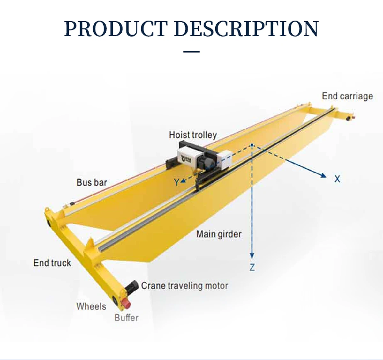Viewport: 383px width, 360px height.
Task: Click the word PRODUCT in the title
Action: tap(116, 29)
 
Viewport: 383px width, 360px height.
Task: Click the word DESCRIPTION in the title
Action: tap(247, 29)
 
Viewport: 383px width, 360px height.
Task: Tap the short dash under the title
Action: tap(191, 51)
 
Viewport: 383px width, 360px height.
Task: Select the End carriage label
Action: tap(347, 96)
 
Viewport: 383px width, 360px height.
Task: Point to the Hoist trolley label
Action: tap(193, 135)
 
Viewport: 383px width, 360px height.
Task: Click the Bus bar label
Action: tap(92, 182)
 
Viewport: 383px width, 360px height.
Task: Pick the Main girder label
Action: tap(219, 234)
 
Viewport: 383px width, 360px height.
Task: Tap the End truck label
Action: tap(52, 263)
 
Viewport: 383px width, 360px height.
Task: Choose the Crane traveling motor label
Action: tap(184, 286)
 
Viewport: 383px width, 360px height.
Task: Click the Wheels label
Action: tap(91, 306)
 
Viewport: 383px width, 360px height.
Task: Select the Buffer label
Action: tap(126, 318)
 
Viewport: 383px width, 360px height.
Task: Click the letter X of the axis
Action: tap(337, 179)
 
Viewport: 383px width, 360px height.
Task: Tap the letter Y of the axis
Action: tap(176, 182)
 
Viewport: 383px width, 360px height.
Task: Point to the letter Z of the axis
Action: tap(252, 267)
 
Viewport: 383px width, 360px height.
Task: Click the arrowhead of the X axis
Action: tap(324, 175)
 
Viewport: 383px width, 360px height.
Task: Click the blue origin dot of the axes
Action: tap(252, 145)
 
